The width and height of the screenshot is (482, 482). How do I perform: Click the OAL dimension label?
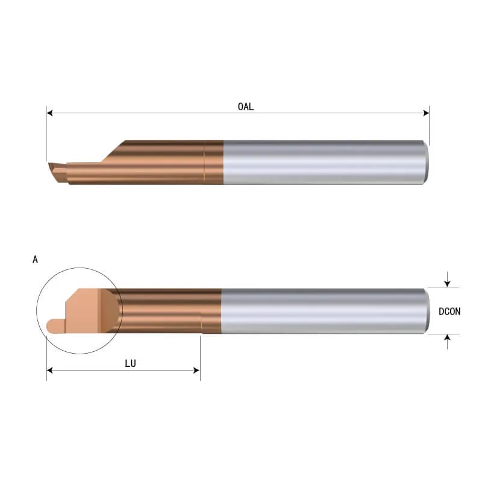point(245,107)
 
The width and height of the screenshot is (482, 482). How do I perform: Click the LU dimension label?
point(130,363)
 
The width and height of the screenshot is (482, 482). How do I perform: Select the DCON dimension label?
point(449,311)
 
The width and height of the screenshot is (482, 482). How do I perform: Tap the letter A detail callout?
point(35,260)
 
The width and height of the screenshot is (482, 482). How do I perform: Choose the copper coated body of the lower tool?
point(169,310)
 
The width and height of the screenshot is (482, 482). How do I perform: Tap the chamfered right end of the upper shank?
point(426,161)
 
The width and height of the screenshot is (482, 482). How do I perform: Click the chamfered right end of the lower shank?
point(426,310)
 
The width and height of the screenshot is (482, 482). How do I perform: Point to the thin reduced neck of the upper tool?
point(84,172)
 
